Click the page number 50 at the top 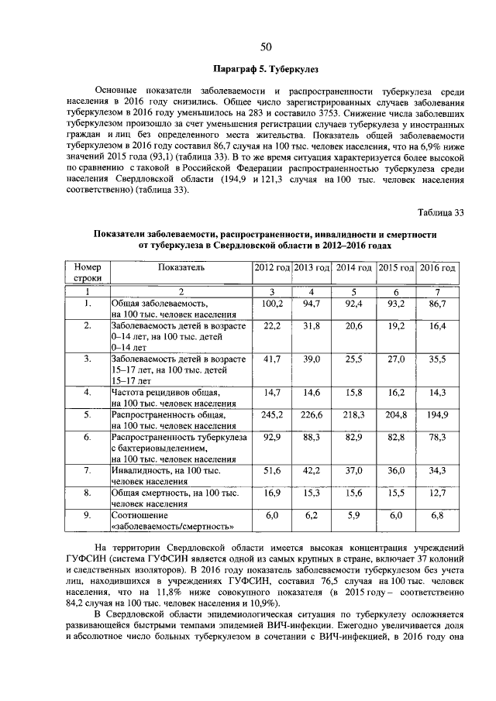coord(266,47)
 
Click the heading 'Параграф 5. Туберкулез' coord(266,70)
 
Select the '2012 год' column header coord(272,267)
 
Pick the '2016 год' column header coord(437,267)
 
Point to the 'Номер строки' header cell coord(87,272)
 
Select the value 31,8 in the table coord(312,326)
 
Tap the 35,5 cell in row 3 coord(437,359)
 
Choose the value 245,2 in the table coord(272,415)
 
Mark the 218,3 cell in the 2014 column coord(353,415)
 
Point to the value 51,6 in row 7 coord(272,471)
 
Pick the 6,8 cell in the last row coord(437,515)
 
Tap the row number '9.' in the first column coord(87,515)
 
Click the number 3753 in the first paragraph coord(449,111)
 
